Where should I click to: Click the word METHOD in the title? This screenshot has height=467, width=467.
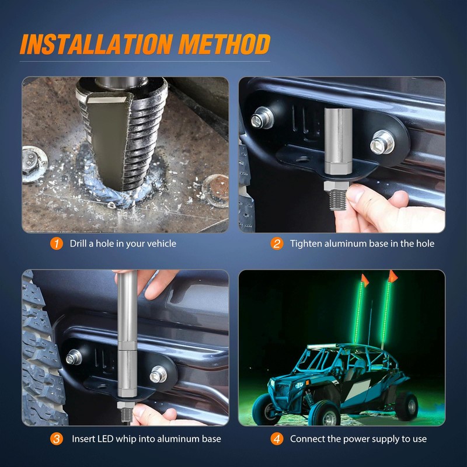tap(225, 44)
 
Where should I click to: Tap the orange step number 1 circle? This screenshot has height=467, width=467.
tap(56, 243)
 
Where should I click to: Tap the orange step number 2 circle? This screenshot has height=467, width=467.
tap(277, 243)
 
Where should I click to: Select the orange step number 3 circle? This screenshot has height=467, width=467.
tap(56, 439)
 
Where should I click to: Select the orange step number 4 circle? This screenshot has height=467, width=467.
tap(277, 439)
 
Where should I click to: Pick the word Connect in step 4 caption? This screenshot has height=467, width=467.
tap(306, 439)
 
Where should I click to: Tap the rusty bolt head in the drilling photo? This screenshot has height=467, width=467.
tap(216, 191)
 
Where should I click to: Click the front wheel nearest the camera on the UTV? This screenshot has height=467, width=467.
tap(325, 413)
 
